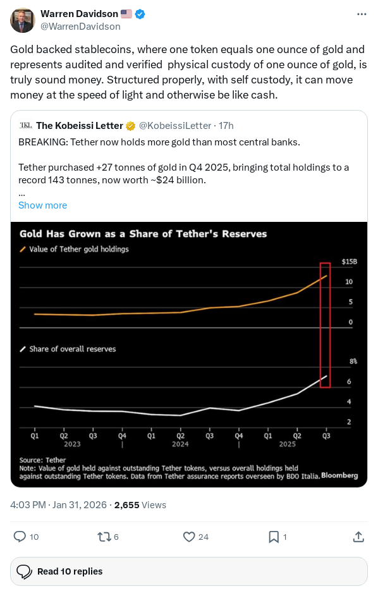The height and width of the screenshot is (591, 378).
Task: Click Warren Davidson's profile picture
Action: pyautogui.click(x=22, y=20)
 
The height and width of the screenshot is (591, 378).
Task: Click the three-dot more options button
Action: pyautogui.click(x=361, y=14)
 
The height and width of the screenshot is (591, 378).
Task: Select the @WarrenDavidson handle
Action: pyautogui.click(x=80, y=27)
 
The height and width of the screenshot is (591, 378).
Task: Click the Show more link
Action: pyautogui.click(x=42, y=205)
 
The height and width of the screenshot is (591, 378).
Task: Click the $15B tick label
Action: pyautogui.click(x=350, y=261)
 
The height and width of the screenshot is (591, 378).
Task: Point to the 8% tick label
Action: pyautogui.click(x=353, y=362)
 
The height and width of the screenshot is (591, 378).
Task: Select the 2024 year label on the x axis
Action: pyautogui.click(x=180, y=444)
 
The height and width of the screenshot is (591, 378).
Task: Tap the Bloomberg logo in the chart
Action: pyautogui.click(x=339, y=475)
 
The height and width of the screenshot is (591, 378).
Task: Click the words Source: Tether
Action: pyautogui.click(x=42, y=460)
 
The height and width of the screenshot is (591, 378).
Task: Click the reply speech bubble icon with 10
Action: pyautogui.click(x=20, y=537)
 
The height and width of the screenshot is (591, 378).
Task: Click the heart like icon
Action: pyautogui.click(x=188, y=537)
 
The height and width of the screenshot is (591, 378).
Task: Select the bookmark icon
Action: pyautogui.click(x=274, y=537)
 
